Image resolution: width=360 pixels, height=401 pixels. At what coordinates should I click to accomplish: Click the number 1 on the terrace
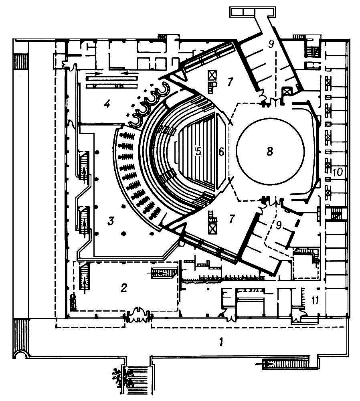pyautogui.click(x=221, y=342)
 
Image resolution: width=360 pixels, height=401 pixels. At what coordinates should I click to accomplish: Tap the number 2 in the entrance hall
pyautogui.click(x=124, y=288)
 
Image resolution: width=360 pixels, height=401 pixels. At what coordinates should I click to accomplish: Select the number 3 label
pyautogui.click(x=111, y=221)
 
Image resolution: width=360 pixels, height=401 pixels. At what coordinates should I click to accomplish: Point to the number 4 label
pyautogui.click(x=107, y=103)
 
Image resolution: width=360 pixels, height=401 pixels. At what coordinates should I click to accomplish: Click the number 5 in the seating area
pyautogui.click(x=198, y=151)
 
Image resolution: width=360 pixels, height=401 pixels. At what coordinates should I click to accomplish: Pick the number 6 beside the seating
pyautogui.click(x=221, y=152)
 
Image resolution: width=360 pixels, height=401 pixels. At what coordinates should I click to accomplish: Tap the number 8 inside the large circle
pyautogui.click(x=270, y=151)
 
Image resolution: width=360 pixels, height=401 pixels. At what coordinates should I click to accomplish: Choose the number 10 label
pyautogui.click(x=338, y=172)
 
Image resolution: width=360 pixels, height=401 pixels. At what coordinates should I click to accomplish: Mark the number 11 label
pyautogui.click(x=315, y=300)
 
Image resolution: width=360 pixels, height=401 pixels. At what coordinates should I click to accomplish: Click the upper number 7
pyautogui.click(x=230, y=82)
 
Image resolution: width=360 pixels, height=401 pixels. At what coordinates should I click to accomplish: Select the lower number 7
pyautogui.click(x=232, y=219)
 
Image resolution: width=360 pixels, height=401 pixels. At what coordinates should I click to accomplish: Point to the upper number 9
pyautogui.click(x=271, y=44)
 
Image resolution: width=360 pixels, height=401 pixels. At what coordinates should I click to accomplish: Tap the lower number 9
pyautogui.click(x=279, y=225)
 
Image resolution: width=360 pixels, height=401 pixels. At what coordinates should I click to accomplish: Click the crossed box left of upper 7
pyautogui.click(x=212, y=76)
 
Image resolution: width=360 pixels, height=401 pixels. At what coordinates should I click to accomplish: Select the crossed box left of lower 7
pyautogui.click(x=212, y=229)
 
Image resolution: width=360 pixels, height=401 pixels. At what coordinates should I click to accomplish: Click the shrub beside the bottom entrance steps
pyautogui.click(x=120, y=378)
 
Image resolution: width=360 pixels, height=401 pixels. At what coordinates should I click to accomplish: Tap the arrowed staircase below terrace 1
pyautogui.click(x=285, y=362)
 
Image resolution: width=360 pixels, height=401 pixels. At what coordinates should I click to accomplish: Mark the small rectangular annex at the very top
pyautogui.click(x=252, y=12)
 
